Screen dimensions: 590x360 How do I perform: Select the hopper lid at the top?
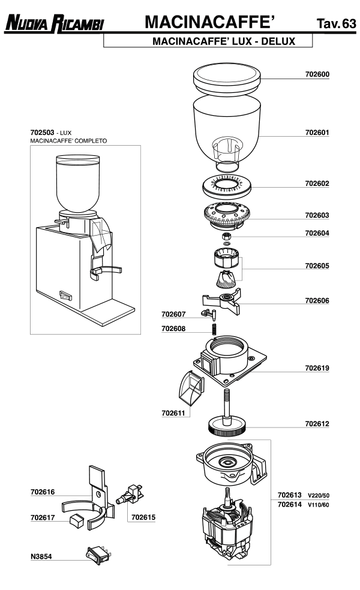pyautogui.click(x=227, y=79)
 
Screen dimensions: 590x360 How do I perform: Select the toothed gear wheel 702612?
pyautogui.click(x=228, y=426)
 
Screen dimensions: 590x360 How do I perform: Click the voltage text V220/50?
pyautogui.click(x=319, y=496)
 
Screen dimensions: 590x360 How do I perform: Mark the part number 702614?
pyautogui.click(x=289, y=505)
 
